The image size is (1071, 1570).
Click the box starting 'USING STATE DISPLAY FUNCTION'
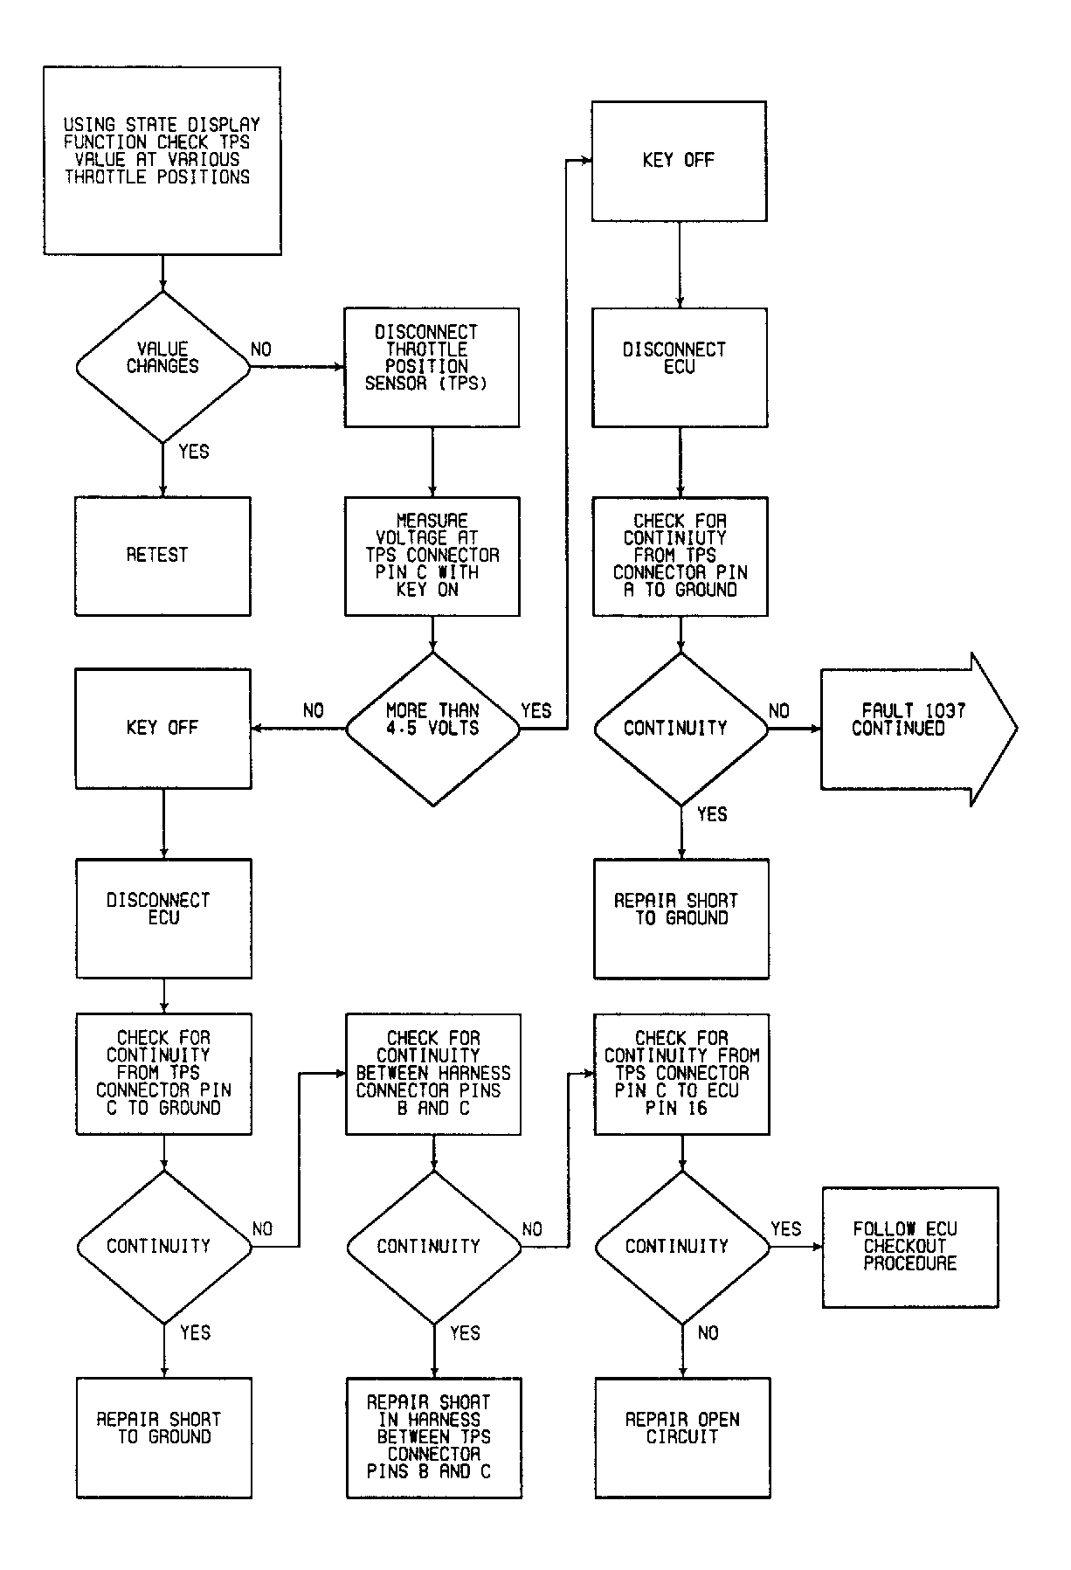pos(162,161)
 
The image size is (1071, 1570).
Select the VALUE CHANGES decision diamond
pos(162,367)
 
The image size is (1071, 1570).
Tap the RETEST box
pos(162,557)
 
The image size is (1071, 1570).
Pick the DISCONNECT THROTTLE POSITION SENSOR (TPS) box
pos(432,367)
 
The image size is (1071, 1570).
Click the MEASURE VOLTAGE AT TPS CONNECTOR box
pos(432,557)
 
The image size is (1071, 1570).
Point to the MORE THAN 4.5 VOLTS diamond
pos(432,729)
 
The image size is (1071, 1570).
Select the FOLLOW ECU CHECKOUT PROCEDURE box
pos(910,1247)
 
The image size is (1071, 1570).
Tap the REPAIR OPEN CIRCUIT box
pos(682,1438)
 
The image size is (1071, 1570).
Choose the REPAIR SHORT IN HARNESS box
pos(434,1438)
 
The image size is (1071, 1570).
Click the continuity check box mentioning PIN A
pos(680,557)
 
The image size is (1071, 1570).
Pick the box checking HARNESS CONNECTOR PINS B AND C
pos(433,1074)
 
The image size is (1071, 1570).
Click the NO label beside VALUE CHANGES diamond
pos(261,349)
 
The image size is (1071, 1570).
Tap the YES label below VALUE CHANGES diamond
pos(194,452)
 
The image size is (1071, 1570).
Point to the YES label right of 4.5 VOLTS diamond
pos(536,711)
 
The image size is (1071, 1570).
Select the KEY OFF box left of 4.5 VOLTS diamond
pos(163,729)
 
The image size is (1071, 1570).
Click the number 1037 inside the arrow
pos(943,711)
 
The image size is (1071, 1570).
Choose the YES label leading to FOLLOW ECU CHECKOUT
pos(786,1229)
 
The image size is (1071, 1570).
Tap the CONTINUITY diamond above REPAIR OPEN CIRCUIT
pos(682,1247)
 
